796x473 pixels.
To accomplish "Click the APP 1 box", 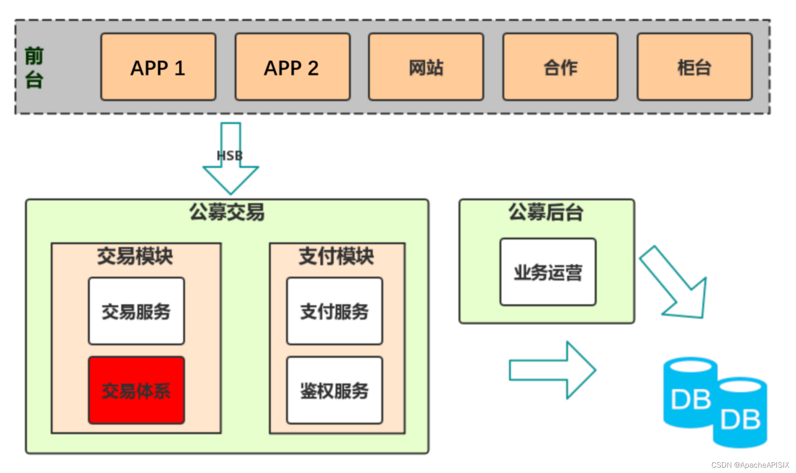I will pyautogui.click(x=158, y=67).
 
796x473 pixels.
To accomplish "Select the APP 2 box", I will pyautogui.click(x=292, y=67).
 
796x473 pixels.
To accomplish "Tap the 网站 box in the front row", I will pyautogui.click(x=426, y=67).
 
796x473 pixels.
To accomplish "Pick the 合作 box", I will pyautogui.click(x=560, y=67).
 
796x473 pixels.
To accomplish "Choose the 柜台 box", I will pyautogui.click(x=694, y=67).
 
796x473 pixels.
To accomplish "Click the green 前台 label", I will pyautogui.click(x=34, y=68).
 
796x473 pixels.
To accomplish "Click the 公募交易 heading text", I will pyautogui.click(x=227, y=212).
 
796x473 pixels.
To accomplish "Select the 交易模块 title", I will pyautogui.click(x=135, y=256).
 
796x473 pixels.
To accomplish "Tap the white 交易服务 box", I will pyautogui.click(x=136, y=311).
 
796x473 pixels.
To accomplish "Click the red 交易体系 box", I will pyautogui.click(x=136, y=390).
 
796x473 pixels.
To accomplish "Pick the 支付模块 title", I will pyautogui.click(x=337, y=256).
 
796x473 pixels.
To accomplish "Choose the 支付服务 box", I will pyautogui.click(x=334, y=311).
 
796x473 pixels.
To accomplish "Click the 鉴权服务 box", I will pyautogui.click(x=334, y=390).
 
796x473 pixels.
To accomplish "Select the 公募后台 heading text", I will pyautogui.click(x=546, y=212).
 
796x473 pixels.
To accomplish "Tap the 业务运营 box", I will pyautogui.click(x=548, y=272).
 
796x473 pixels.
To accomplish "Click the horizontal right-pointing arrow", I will pyautogui.click(x=552, y=370).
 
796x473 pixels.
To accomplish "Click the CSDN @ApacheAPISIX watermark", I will pyautogui.click(x=750, y=465).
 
